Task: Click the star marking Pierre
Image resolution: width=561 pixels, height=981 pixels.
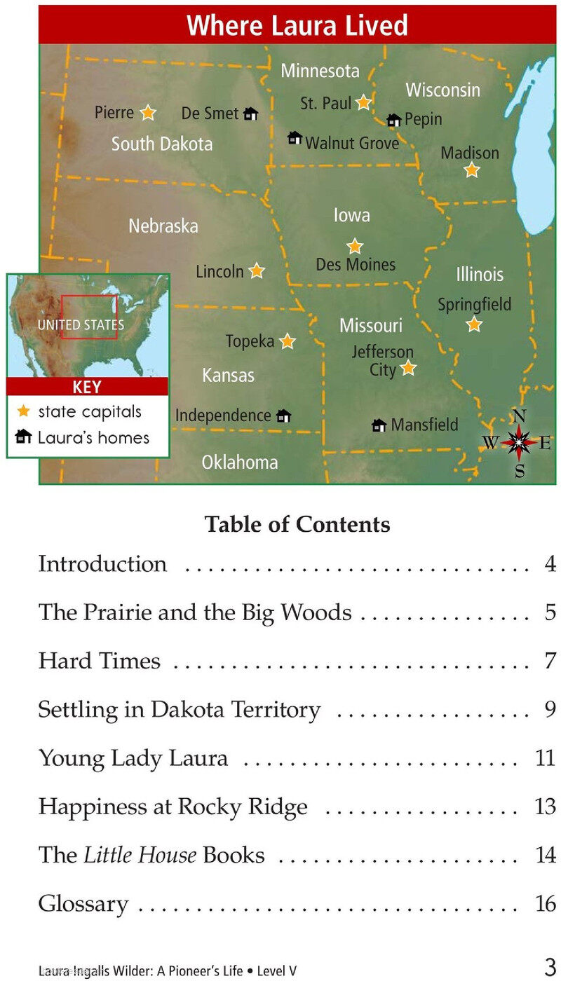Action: (147, 112)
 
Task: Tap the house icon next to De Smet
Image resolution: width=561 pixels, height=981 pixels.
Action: (250, 114)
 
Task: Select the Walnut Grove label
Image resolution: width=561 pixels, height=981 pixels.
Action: (352, 143)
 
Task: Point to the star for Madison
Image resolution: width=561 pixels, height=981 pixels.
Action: (472, 170)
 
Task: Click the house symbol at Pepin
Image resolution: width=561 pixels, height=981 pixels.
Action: (394, 121)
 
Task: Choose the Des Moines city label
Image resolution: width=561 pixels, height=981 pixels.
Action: (356, 265)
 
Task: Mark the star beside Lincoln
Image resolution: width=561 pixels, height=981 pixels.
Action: (257, 270)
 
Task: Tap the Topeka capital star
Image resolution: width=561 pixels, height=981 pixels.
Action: (288, 341)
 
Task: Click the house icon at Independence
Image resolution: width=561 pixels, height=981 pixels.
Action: (283, 416)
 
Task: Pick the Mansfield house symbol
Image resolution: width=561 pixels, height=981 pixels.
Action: (379, 425)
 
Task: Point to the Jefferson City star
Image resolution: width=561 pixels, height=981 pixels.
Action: (408, 368)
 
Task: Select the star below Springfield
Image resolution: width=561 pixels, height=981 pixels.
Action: (475, 324)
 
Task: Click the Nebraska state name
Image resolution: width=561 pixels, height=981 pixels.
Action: (163, 226)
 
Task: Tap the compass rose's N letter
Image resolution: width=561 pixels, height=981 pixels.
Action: (519, 416)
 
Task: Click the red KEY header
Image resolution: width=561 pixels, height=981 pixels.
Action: (87, 387)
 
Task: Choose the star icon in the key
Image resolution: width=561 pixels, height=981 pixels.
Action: (24, 411)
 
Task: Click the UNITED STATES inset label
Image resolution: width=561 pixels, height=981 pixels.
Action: (81, 325)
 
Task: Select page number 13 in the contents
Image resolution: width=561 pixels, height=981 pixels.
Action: (545, 807)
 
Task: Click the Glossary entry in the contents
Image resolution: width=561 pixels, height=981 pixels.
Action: (83, 904)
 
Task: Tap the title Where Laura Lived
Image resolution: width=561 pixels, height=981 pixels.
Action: (297, 26)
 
